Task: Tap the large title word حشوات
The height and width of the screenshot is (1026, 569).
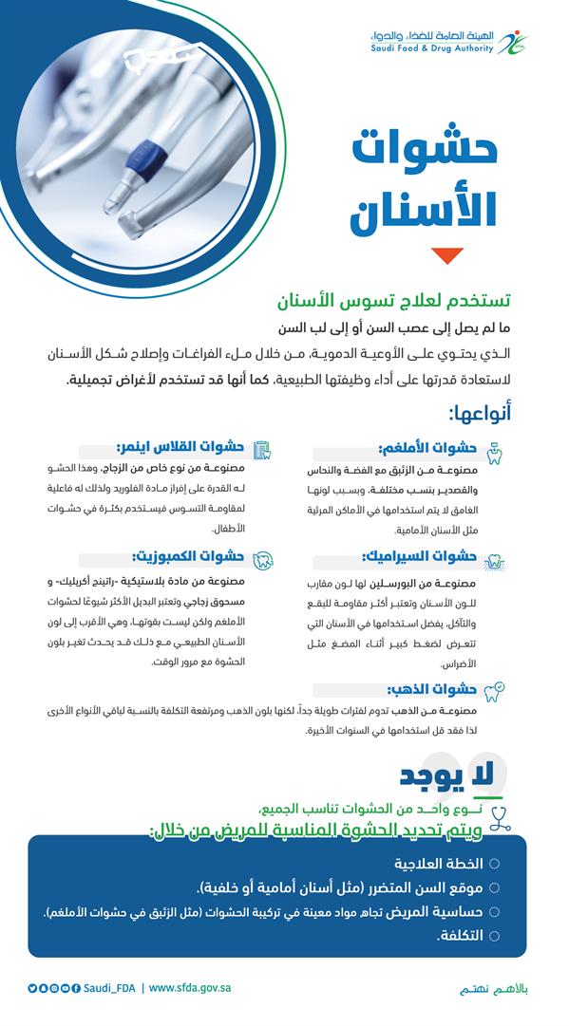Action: [425, 152]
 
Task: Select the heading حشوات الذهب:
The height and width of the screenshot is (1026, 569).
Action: [426, 690]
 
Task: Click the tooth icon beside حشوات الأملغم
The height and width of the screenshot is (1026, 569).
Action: [494, 451]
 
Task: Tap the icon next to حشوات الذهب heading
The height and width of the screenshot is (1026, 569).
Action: [494, 690]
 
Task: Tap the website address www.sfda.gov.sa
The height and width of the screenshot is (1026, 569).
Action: [190, 988]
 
